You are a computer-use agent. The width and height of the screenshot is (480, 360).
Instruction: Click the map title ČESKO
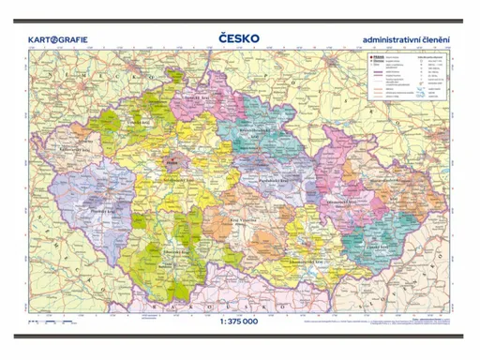coord(239,39)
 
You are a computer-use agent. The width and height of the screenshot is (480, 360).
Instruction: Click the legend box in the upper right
coord(408,78)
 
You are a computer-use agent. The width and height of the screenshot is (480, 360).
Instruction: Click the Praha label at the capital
coord(172,166)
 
